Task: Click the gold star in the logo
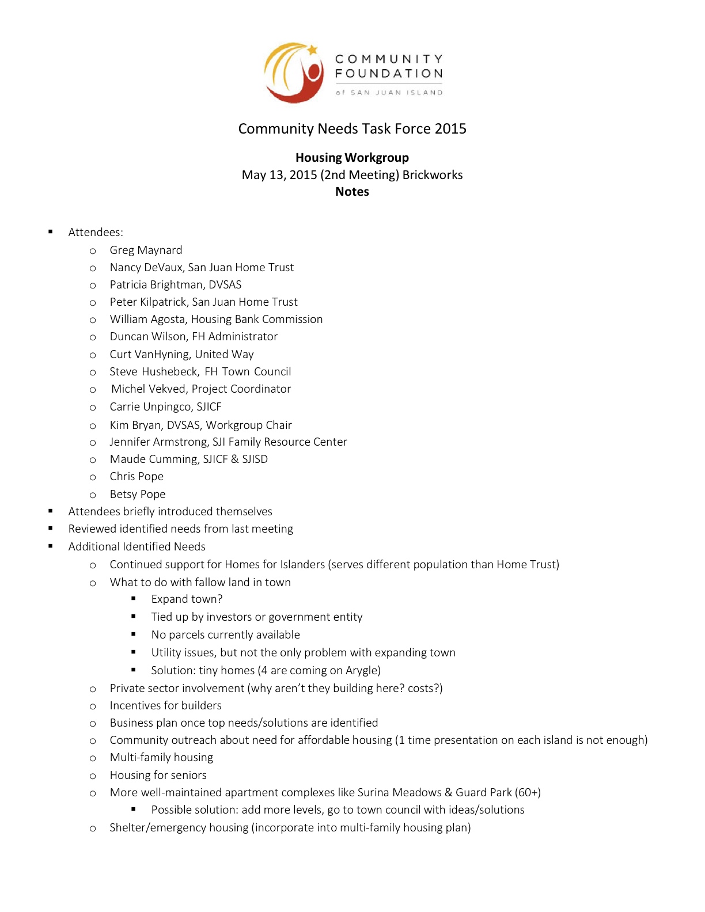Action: [x=313, y=50]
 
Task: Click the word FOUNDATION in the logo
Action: [x=389, y=74]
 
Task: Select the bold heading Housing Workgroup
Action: [x=352, y=158]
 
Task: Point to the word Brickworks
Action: [x=433, y=175]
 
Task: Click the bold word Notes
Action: [x=352, y=192]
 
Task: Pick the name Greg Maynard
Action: [x=146, y=250]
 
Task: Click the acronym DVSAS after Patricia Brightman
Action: [x=225, y=284]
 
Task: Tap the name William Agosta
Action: [x=147, y=319]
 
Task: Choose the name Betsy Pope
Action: [x=138, y=494]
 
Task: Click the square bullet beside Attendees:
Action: [x=51, y=232]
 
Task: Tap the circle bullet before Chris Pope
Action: [x=93, y=477]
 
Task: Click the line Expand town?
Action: [x=187, y=599]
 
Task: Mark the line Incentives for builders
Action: [x=165, y=705]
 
